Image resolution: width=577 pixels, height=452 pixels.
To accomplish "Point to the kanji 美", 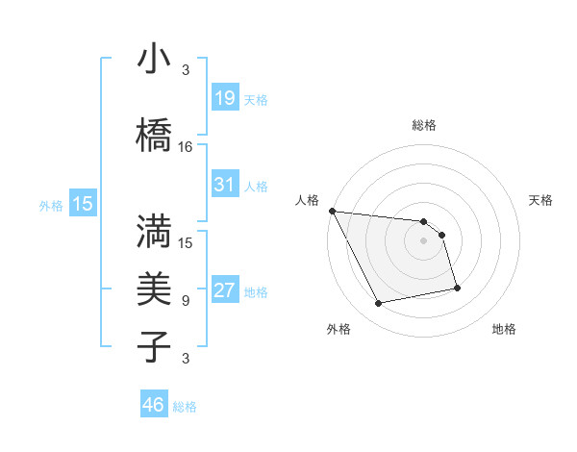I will tap(155, 288).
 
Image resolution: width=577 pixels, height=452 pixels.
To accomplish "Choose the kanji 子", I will tap(155, 345).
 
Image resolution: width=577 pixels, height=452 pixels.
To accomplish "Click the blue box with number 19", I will tap(224, 98).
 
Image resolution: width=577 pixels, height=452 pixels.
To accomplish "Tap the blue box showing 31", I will tap(224, 185).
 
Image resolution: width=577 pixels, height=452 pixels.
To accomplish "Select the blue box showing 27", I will tap(224, 290).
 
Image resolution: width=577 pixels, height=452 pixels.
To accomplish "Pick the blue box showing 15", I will tap(82, 203).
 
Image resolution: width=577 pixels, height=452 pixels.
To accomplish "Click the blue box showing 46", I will tap(154, 405).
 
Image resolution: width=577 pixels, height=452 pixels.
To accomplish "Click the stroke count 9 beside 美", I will tap(185, 301).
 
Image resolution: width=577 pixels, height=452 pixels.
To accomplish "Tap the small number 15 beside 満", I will tap(186, 242).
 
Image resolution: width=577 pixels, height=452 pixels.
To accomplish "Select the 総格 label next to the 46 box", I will tap(185, 407).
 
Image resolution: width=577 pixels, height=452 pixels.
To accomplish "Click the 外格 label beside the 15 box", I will tap(50, 205).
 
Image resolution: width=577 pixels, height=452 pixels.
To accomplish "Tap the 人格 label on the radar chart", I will tap(308, 200).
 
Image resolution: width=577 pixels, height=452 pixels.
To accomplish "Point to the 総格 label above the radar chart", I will tap(423, 125).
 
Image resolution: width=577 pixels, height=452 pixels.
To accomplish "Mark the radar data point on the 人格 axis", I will tap(332, 211).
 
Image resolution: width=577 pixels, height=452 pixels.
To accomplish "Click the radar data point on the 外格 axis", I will tap(379, 304).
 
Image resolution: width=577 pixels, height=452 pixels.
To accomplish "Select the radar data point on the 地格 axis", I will tap(457, 288).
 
